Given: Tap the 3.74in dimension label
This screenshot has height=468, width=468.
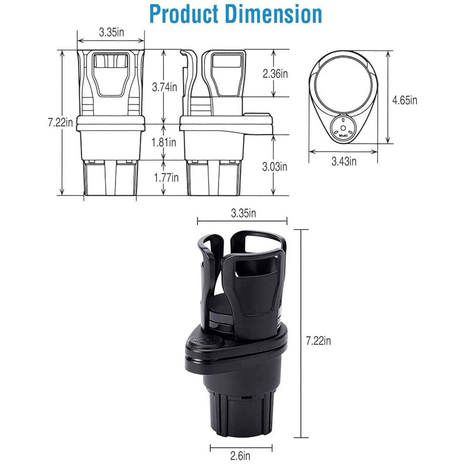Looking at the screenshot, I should tap(164, 87).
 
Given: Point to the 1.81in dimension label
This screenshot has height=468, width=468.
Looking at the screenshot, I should tap(164, 142).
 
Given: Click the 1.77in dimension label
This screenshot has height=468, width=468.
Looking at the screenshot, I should tap(166, 178).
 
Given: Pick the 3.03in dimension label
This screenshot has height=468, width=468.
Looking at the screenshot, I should tap(275, 167).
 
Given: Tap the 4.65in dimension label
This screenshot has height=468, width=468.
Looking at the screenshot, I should tap(405, 100).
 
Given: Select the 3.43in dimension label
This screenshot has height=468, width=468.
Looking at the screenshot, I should tap(344, 161).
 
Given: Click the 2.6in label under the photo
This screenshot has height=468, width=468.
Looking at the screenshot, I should tap(240, 456).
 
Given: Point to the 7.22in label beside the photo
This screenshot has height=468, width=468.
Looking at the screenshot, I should tap(318, 341).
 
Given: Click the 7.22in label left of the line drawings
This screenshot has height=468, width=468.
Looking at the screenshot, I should tap(60, 122).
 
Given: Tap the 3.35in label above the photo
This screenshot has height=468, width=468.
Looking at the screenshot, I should tap(243, 213).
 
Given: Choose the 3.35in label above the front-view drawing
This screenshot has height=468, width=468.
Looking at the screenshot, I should tap(111, 32).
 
